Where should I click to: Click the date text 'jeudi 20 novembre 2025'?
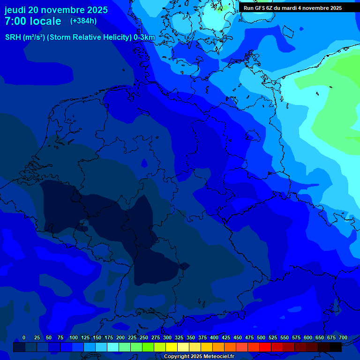point(56,10)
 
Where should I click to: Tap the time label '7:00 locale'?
point(33,21)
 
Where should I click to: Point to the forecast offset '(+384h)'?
point(83,21)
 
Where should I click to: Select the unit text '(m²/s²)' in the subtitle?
point(34,37)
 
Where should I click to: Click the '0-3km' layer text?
point(144,37)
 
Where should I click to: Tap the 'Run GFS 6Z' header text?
point(258,8)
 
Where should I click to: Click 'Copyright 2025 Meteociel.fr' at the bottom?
point(199,357)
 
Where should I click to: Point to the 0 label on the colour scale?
point(24,338)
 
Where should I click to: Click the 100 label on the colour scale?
point(74,338)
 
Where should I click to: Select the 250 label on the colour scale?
point(144,338)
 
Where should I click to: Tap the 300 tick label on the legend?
point(167,338)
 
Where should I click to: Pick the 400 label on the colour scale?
point(214,338)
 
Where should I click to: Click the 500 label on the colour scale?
point(261,338)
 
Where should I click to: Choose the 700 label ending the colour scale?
point(343,338)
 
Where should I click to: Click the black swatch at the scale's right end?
point(336,347)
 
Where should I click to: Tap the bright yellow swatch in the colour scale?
point(172,347)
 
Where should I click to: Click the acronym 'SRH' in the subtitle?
point(13,37)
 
